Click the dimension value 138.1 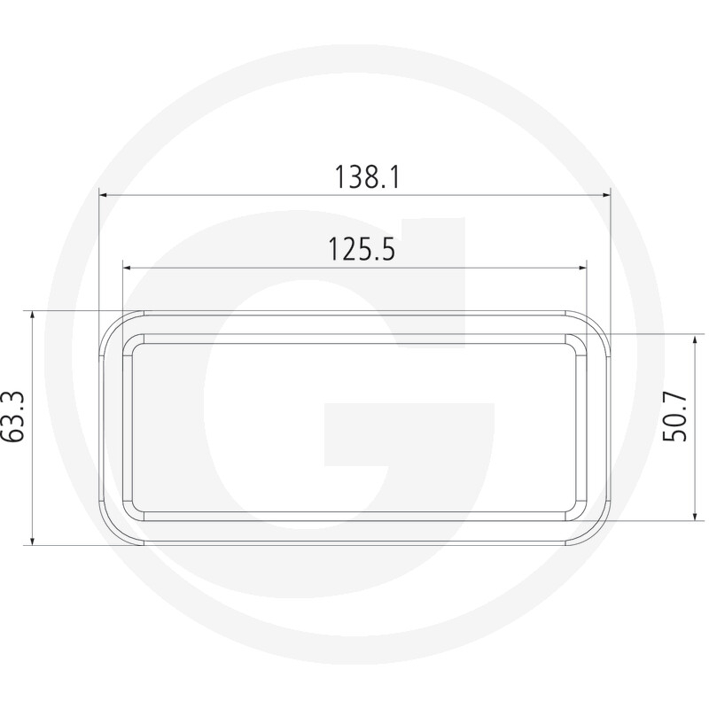367,178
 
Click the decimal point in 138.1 383,189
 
